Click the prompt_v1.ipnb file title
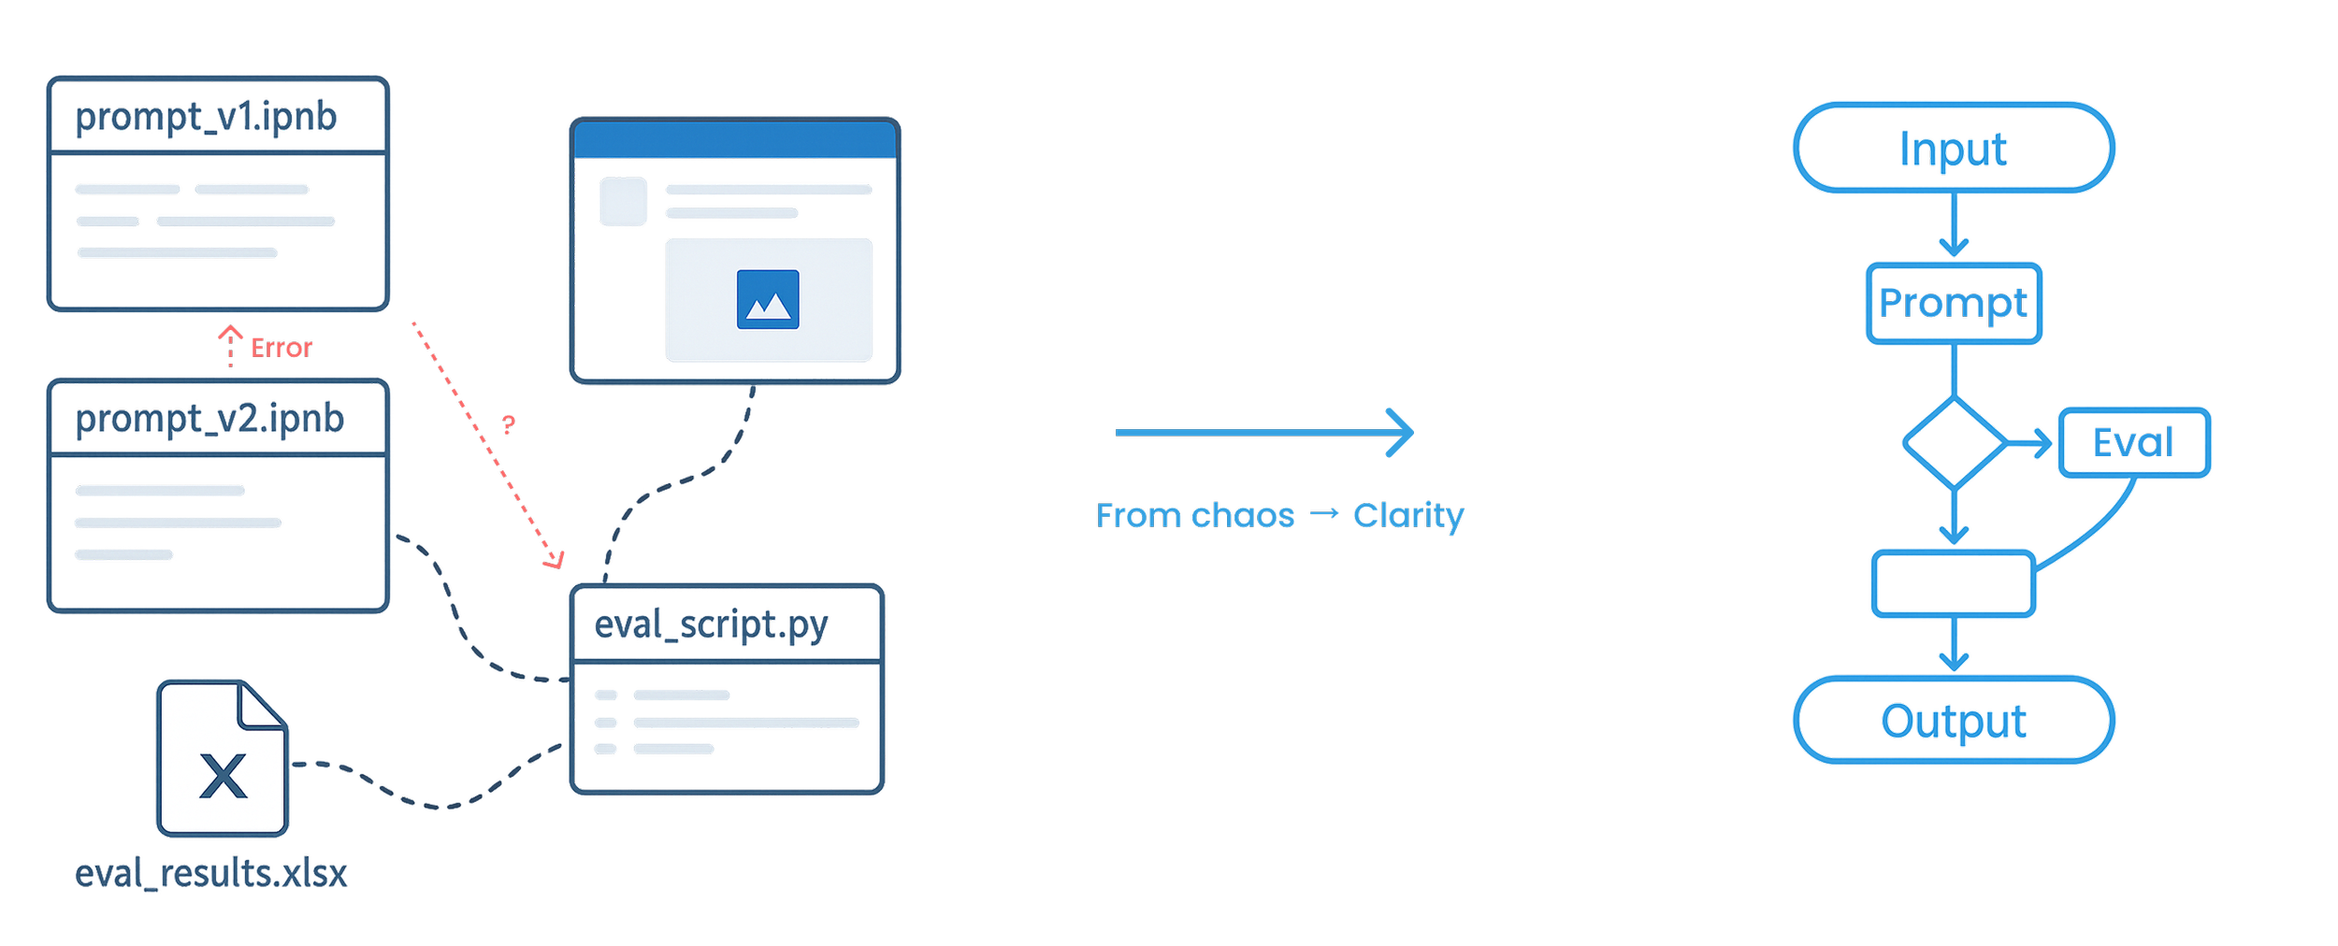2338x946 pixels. tap(205, 117)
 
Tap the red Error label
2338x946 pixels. tap(281, 349)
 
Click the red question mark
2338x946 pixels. tap(508, 425)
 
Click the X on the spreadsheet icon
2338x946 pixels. tap(223, 775)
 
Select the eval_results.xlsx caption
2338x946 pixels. tap(211, 874)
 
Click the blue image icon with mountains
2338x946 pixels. tap(768, 300)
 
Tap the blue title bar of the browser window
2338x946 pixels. tap(735, 139)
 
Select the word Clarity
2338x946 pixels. tap(1408, 516)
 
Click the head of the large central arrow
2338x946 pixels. tap(1407, 436)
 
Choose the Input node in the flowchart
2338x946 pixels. tap(1954, 149)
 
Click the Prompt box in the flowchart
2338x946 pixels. tap(1954, 303)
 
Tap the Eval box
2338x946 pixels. tap(2133, 443)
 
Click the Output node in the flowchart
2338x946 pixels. tap(1954, 721)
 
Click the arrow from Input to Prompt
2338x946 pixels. tap(1953, 224)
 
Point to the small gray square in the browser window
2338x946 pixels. tap(623, 202)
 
